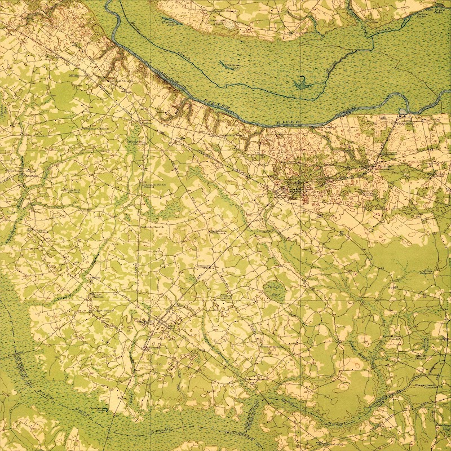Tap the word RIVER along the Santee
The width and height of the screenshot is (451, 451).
tap(288, 122)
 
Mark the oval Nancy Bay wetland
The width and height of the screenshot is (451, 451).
tap(273, 290)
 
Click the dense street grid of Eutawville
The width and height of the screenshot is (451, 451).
tap(293, 192)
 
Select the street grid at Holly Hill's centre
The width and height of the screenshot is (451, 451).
tap(163, 324)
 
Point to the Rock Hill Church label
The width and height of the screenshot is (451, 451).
tap(73, 192)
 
